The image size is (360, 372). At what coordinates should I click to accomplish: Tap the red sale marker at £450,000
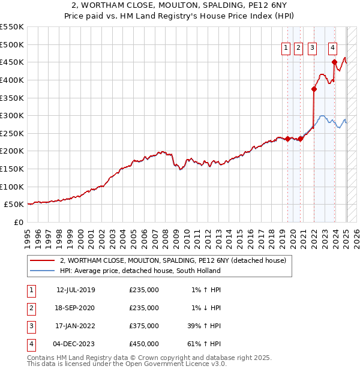point(334,62)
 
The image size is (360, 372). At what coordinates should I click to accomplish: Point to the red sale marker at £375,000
point(314,89)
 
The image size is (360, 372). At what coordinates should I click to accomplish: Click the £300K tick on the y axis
point(11,115)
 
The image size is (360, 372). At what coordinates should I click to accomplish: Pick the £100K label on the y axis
point(11,187)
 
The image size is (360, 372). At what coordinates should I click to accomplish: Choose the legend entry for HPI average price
point(140,271)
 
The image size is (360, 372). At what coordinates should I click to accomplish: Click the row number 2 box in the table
point(31,308)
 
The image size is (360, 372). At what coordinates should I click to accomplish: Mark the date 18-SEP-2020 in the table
point(76,308)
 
